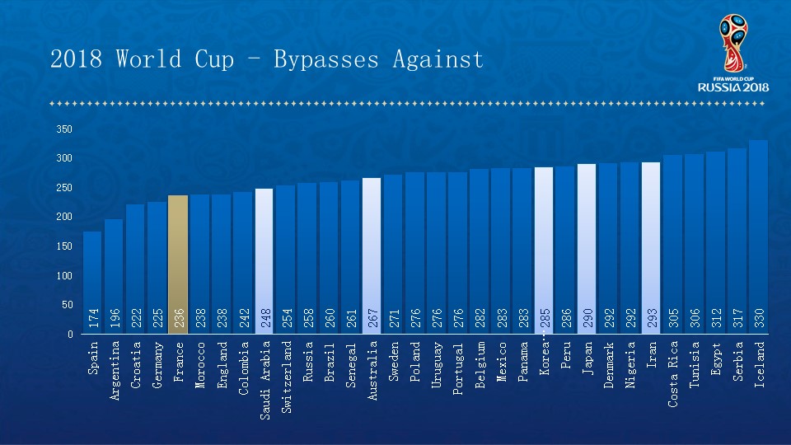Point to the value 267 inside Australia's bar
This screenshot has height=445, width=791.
click(x=372, y=319)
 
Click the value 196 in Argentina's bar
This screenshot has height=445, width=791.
click(x=114, y=319)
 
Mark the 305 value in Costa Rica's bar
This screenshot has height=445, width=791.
click(x=672, y=319)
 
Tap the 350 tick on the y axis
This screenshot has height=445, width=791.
click(x=64, y=129)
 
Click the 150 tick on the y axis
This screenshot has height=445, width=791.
click(x=64, y=246)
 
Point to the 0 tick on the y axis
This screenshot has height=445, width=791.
click(x=70, y=334)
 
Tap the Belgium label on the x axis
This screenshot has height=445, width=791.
click(x=480, y=365)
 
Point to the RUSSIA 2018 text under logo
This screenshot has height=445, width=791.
click(x=733, y=87)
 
